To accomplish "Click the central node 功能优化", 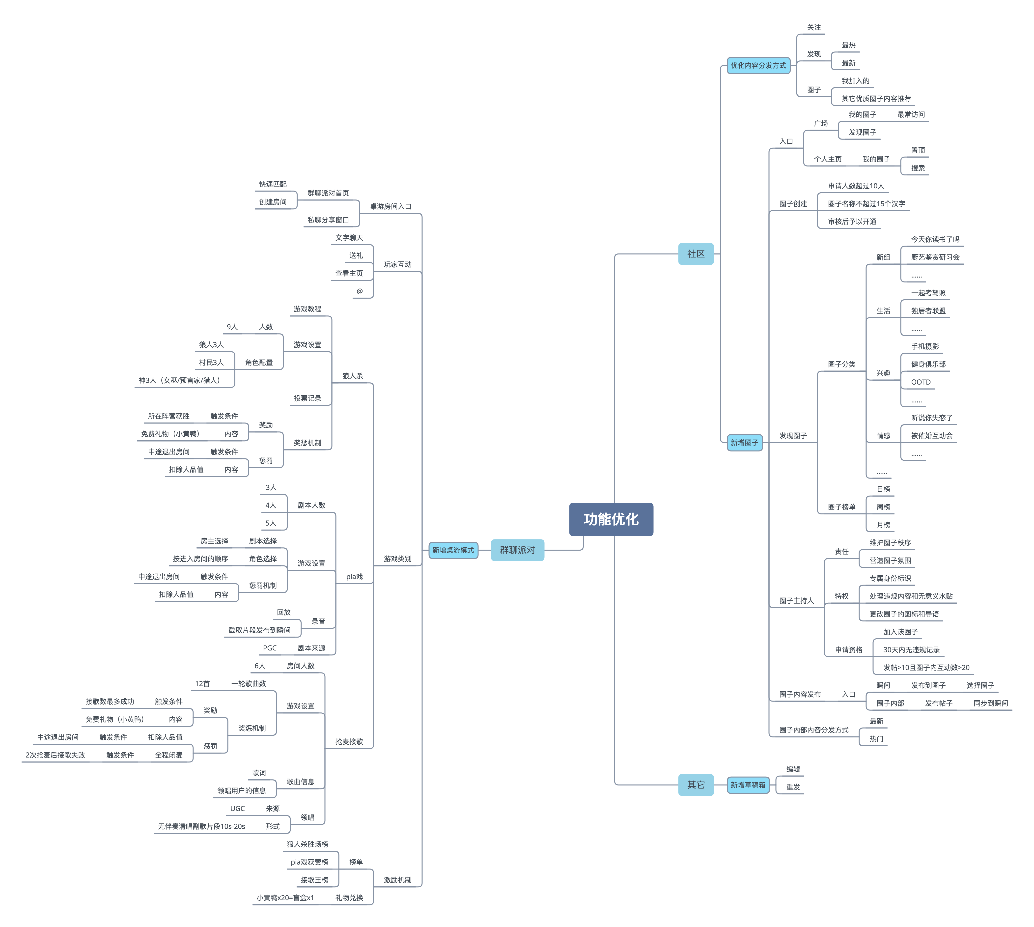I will click(x=611, y=519).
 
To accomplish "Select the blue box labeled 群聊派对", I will click(x=517, y=550).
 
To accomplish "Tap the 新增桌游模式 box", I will click(x=453, y=550).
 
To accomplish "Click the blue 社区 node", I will click(x=696, y=254).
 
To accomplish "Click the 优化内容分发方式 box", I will click(x=758, y=65).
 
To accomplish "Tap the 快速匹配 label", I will click(x=273, y=184).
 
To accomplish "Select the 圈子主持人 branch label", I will click(x=796, y=600).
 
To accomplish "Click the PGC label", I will click(x=269, y=648).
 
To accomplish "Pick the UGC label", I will click(x=237, y=808).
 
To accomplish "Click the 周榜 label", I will click(x=883, y=507).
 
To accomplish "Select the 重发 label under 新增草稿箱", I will click(x=793, y=787).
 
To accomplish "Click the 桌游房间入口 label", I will click(x=390, y=206).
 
